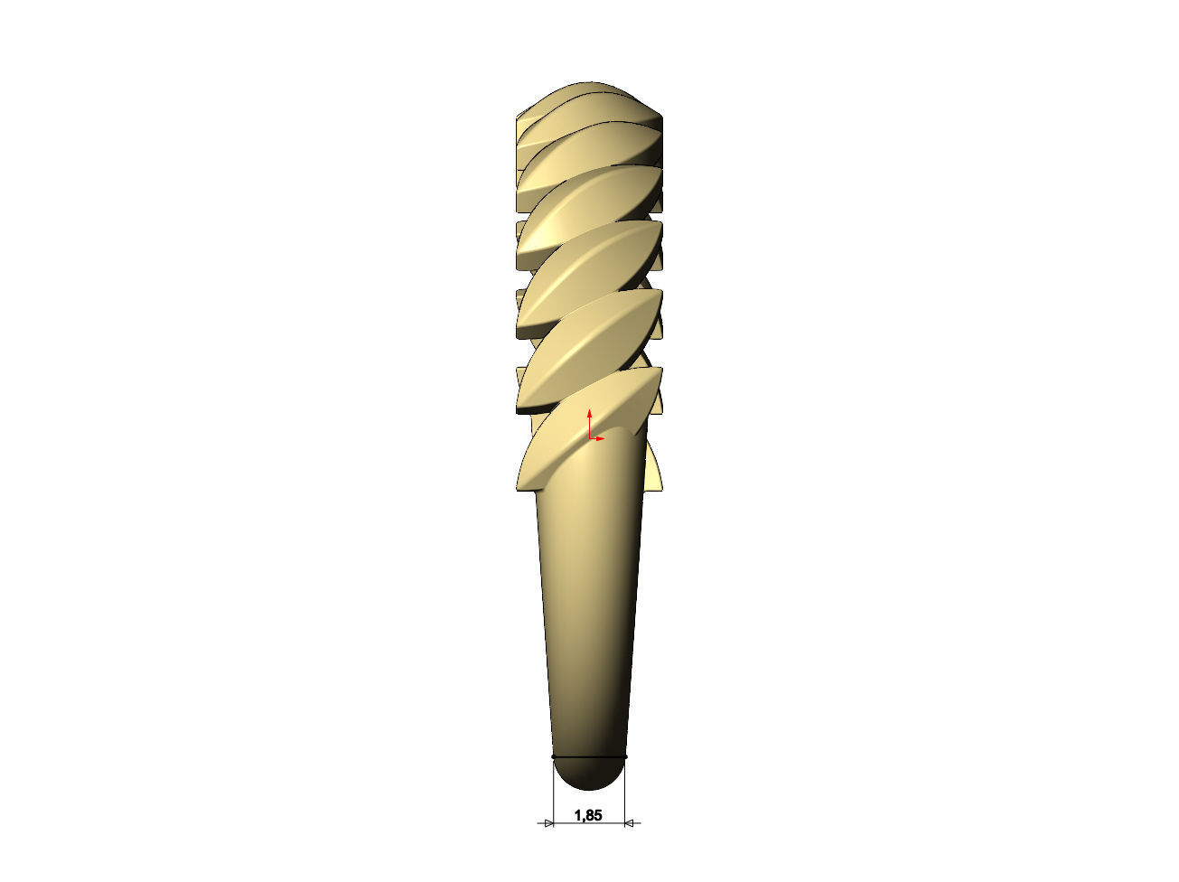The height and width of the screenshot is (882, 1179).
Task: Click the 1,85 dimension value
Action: (588, 815)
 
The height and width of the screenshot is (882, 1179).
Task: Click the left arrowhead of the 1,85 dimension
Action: (547, 823)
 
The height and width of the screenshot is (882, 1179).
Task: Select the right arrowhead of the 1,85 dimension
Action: (632, 823)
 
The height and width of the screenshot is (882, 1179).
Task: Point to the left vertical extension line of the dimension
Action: (552, 791)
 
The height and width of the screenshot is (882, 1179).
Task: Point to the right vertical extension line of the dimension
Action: (626, 791)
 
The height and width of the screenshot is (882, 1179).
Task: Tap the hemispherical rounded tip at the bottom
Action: (589, 774)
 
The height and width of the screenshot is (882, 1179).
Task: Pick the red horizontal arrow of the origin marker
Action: (598, 438)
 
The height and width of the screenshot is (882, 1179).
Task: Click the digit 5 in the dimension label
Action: (597, 815)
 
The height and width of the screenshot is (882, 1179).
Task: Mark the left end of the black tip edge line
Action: (553, 756)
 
